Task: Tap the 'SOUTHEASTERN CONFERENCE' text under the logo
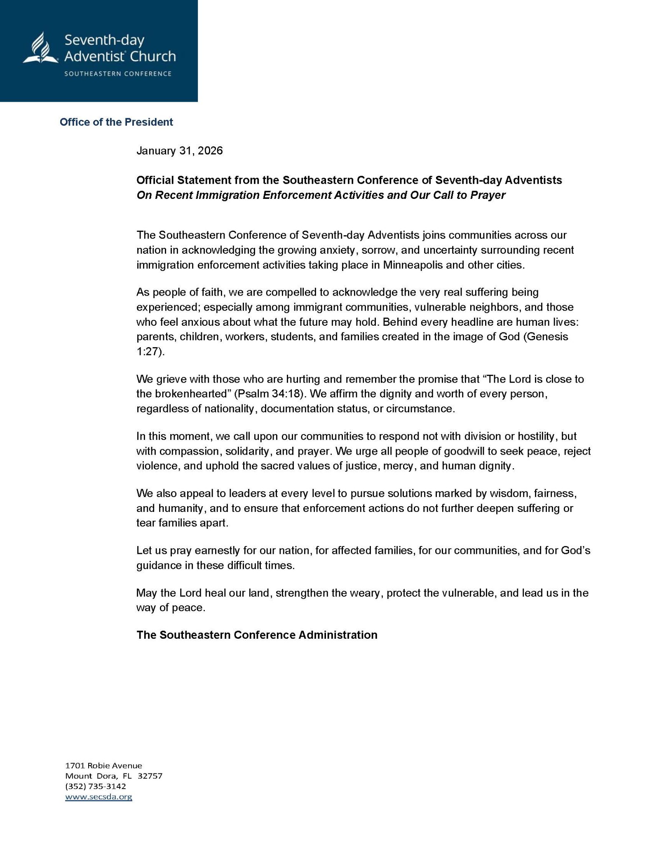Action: tap(117, 74)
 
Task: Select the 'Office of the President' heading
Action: tap(116, 122)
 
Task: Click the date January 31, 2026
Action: tap(179, 151)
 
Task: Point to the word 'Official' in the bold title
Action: tap(155, 180)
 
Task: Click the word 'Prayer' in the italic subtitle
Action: tap(489, 195)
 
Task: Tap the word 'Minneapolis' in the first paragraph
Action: tap(413, 265)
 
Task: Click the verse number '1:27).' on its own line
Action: tap(150, 352)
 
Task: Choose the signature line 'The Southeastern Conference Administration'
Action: tap(257, 635)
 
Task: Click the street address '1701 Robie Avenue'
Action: tap(103, 766)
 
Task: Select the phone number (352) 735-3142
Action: tap(96, 786)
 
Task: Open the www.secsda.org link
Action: tap(99, 796)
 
